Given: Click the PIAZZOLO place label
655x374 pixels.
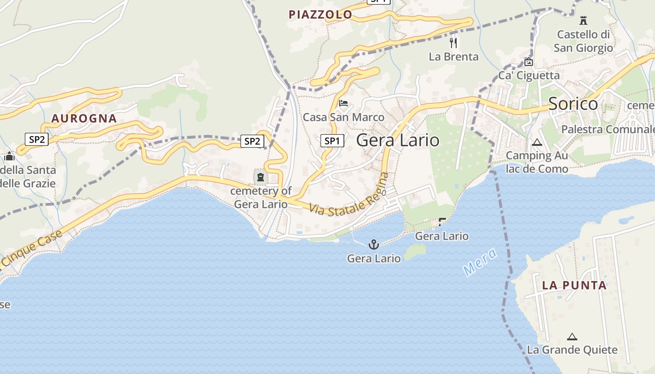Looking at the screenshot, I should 320,14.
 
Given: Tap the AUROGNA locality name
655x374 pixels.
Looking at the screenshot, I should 84,118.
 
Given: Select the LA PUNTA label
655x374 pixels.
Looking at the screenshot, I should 574,285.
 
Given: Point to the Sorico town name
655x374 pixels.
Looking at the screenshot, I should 573,104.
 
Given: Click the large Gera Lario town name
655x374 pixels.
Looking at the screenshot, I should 398,140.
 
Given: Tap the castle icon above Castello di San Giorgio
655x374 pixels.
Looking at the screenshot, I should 583,20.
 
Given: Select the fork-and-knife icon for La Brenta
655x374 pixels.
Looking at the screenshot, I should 453,43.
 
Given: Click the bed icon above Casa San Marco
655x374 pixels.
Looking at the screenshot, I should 343,103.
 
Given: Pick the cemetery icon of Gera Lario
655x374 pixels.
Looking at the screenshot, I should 260,177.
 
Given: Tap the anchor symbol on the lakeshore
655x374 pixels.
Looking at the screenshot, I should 373,244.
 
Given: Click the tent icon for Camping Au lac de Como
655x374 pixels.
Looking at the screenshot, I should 537,142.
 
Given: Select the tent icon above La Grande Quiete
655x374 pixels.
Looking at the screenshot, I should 572,336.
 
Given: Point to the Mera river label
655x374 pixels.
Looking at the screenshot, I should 479,262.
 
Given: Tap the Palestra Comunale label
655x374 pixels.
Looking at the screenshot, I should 607,129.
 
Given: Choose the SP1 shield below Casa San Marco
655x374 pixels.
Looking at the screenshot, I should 332,140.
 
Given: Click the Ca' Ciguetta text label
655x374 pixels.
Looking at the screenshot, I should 529,75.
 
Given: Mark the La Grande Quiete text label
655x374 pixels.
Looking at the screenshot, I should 572,350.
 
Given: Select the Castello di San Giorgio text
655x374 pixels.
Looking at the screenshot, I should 583,41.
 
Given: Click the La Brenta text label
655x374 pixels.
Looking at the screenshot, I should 454,57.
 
